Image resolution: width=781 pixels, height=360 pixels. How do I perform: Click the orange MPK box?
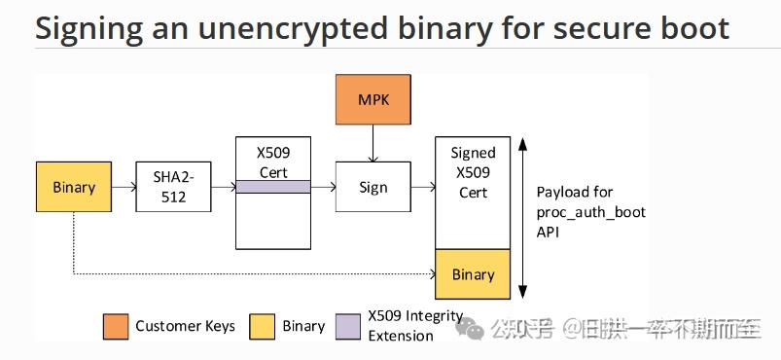(373, 100)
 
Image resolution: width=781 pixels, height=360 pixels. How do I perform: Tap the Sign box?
(373, 187)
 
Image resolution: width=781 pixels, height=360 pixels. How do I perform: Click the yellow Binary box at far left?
(74, 187)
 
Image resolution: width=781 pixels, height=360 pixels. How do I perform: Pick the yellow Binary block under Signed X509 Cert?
(473, 273)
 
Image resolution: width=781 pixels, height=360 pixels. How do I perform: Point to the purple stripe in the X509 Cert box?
(273, 187)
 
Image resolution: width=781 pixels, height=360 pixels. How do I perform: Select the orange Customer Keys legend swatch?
(115, 326)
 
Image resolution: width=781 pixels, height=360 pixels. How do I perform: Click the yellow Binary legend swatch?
(263, 326)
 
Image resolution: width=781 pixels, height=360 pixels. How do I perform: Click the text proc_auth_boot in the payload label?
(590, 212)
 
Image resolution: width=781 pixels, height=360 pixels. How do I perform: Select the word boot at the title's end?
(693, 28)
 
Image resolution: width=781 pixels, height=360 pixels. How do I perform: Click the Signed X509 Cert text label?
(473, 172)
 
